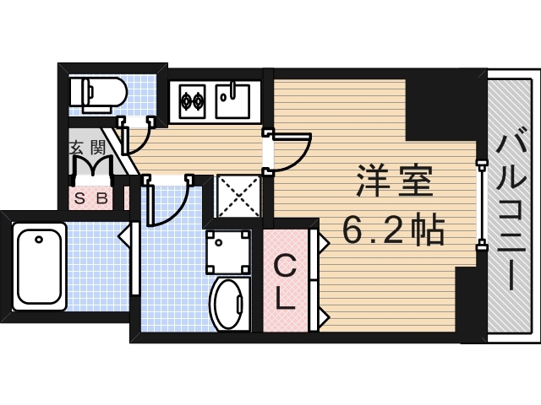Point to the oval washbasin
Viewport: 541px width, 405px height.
click(227, 304)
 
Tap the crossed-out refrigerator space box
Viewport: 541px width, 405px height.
click(238, 197)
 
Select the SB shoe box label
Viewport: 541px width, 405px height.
click(91, 199)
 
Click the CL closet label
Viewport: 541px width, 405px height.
click(286, 283)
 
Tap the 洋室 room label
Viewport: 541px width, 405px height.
click(395, 181)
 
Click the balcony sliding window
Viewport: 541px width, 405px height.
click(481, 203)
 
